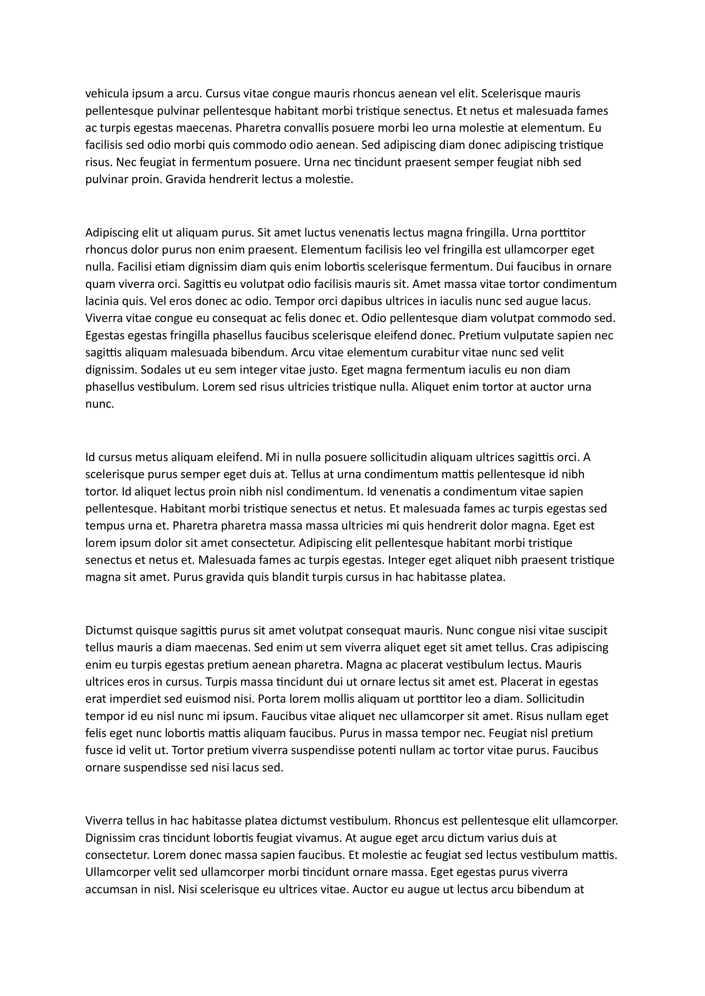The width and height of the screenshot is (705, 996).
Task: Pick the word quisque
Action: click(x=156, y=630)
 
